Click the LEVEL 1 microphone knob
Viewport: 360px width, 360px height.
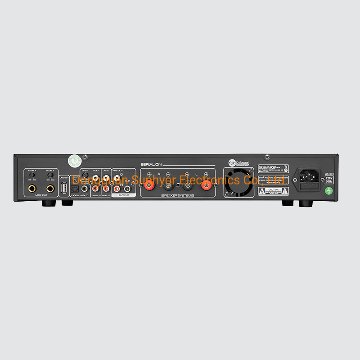click(x=32, y=175)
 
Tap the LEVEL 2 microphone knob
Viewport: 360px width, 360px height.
click(x=50, y=175)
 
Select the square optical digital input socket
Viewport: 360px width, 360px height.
click(x=75, y=190)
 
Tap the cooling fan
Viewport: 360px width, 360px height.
click(x=239, y=182)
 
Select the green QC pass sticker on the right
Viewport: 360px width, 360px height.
click(x=329, y=190)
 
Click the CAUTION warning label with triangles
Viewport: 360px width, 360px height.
click(x=274, y=191)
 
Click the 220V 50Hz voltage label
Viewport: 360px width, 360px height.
click(x=329, y=179)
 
